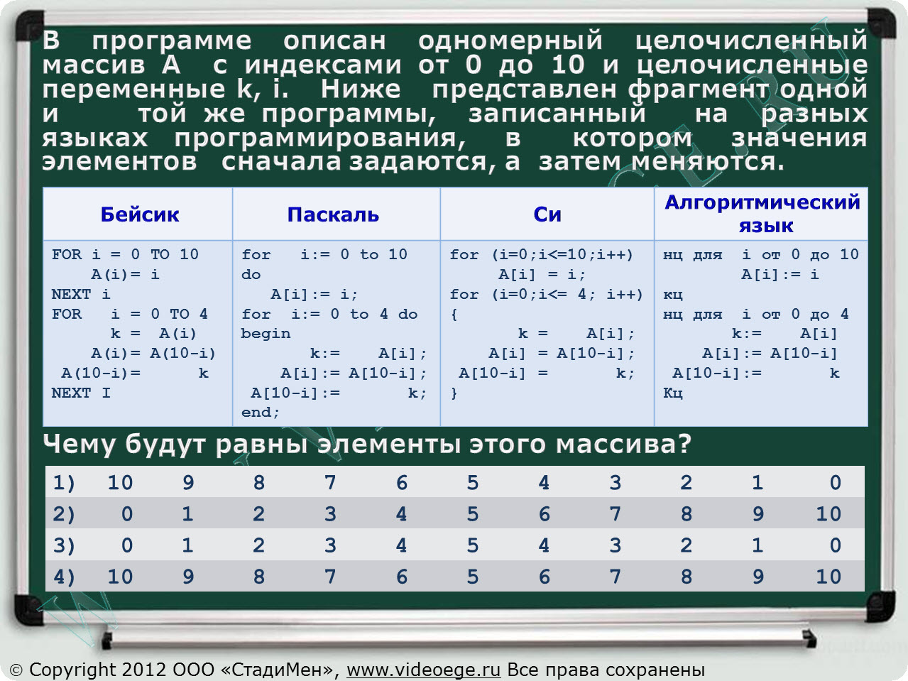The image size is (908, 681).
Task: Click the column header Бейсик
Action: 140,214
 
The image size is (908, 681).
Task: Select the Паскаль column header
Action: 333,214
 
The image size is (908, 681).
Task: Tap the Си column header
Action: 547,214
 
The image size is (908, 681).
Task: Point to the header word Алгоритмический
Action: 762,202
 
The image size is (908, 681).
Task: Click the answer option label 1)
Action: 64,482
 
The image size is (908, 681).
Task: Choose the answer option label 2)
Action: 64,514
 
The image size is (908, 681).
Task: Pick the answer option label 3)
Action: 64,545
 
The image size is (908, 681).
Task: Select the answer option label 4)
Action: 64,577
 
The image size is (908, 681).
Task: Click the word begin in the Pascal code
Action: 266,334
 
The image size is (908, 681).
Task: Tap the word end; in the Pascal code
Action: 261,412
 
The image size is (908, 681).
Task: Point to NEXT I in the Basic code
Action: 81,393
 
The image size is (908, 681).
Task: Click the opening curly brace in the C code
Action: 454,315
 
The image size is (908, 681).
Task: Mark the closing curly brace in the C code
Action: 454,393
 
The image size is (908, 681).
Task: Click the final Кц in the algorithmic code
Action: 673,393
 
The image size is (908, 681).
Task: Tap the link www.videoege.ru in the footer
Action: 424,669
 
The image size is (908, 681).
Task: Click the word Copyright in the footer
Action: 73,670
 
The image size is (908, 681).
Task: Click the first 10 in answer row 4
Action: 120,577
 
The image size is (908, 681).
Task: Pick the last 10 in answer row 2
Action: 828,514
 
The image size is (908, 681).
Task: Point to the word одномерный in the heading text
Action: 510,40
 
